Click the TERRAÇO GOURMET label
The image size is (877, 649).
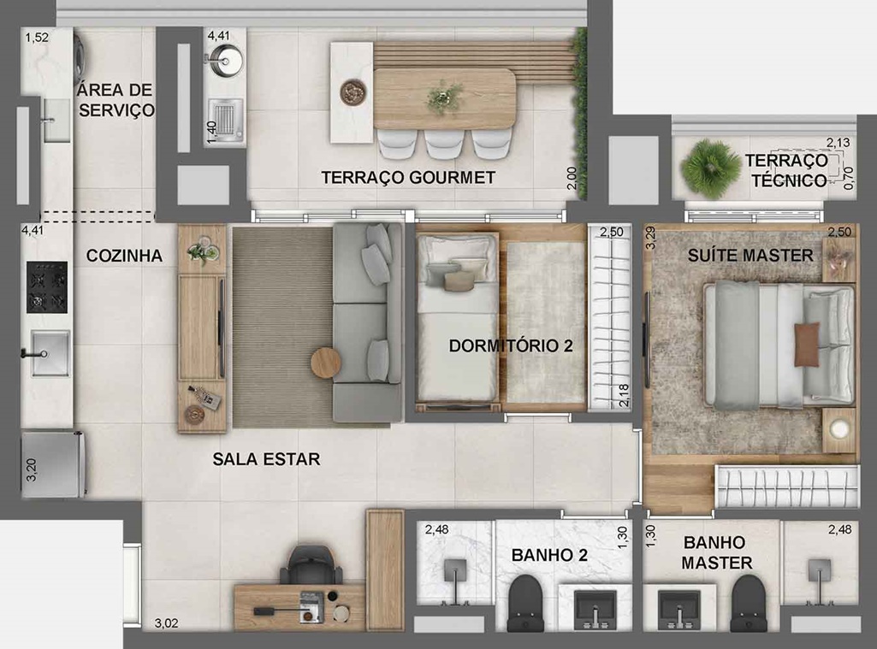pyautogui.click(x=408, y=178)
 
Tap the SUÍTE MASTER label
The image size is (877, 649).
pyautogui.click(x=750, y=256)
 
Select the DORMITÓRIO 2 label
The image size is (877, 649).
pyautogui.click(x=511, y=345)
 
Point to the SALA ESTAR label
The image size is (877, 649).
pyautogui.click(x=266, y=459)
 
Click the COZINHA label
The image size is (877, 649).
pyautogui.click(x=124, y=256)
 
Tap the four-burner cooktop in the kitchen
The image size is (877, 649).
pyautogui.click(x=47, y=286)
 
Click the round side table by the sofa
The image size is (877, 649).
pyautogui.click(x=325, y=363)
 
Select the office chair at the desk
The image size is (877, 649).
pyautogui.click(x=311, y=564)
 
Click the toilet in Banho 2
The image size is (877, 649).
pyautogui.click(x=525, y=603)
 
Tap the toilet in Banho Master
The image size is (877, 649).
pyautogui.click(x=749, y=603)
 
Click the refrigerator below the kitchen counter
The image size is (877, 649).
pyautogui.click(x=53, y=463)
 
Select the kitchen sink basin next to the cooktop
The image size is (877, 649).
pyautogui.click(x=50, y=353)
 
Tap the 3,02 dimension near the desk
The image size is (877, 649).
pyautogui.click(x=166, y=623)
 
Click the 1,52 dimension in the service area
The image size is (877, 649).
pyautogui.click(x=37, y=38)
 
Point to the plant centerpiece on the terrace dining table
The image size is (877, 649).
pyautogui.click(x=444, y=97)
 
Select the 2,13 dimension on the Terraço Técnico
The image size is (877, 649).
pyautogui.click(x=838, y=143)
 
